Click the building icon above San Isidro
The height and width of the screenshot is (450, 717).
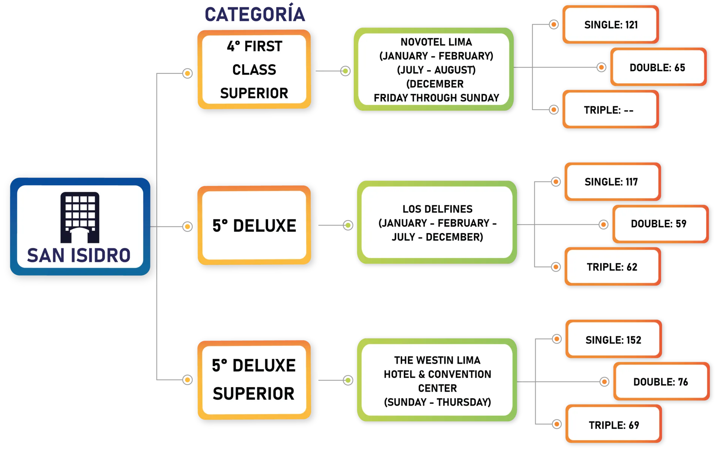pos(80,217)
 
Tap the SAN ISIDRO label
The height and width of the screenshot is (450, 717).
pos(79,256)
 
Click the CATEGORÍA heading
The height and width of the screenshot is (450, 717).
pos(255,15)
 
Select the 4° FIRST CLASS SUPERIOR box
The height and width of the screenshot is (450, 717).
pos(254,70)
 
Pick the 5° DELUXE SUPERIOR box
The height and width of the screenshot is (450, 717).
pos(254,379)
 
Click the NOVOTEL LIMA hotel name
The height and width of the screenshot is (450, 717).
pos(436,42)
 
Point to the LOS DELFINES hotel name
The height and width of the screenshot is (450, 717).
pos(437,209)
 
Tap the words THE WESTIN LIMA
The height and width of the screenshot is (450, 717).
pos(437,360)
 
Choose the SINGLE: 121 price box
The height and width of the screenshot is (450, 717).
pos(610,25)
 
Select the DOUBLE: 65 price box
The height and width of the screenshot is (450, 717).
pos(658,67)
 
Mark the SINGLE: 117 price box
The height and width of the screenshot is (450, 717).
pos(612,182)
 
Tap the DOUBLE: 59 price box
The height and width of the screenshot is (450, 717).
pos(660,224)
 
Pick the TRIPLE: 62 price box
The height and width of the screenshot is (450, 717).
pos(612,267)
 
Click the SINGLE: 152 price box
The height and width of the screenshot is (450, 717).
pos(613,340)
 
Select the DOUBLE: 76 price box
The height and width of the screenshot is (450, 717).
pos(661,382)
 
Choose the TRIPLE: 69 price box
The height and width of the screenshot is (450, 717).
pos(614,425)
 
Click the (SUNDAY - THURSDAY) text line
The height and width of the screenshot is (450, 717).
pos(437,402)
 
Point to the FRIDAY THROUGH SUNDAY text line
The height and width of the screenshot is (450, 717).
pos(436,98)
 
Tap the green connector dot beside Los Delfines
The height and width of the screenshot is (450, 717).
pos(348,225)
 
